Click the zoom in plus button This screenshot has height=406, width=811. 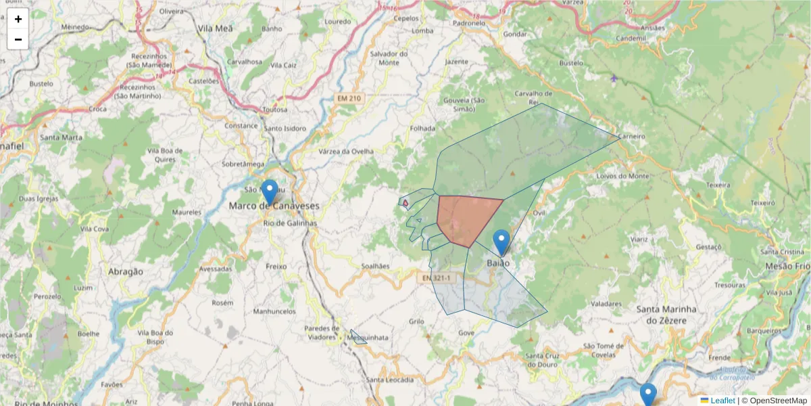[18, 19]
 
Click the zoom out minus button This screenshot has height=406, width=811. [18, 39]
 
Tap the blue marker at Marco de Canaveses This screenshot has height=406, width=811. [270, 191]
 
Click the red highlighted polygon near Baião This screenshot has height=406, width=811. [466, 218]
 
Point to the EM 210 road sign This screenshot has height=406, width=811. [349, 99]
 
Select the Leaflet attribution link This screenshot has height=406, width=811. [722, 401]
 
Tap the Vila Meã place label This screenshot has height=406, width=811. [216, 29]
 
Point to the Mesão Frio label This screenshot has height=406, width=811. [787, 267]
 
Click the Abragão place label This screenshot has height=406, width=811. [126, 271]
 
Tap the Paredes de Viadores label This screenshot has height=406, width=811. [313, 332]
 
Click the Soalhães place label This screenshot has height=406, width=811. [376, 266]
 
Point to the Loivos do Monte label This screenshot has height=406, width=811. [623, 176]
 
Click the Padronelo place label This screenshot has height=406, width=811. [469, 22]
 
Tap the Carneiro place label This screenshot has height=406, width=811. [631, 136]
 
